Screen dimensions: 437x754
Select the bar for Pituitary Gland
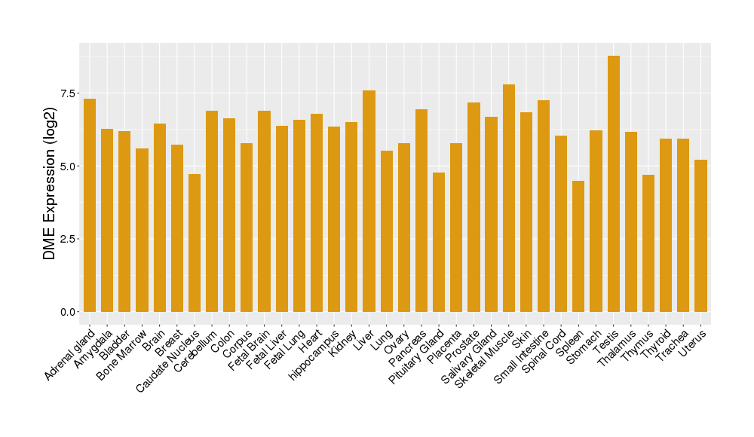(x=439, y=242)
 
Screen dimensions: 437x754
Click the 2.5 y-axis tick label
(x=68, y=239)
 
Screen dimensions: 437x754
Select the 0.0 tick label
(x=68, y=312)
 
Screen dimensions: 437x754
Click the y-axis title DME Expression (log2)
(x=50, y=178)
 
